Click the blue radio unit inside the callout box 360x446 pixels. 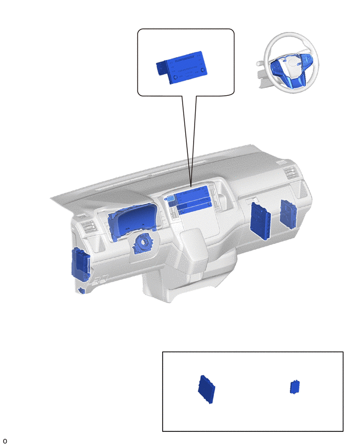pyautogui.click(x=182, y=68)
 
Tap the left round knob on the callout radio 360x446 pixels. pyautogui.click(x=176, y=77)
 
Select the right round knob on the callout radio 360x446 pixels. pyautogui.click(x=203, y=70)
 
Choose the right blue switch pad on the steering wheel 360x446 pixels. pyautogui.click(x=307, y=60)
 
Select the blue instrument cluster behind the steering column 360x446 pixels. pyautogui.click(x=132, y=221)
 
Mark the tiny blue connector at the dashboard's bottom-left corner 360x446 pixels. pyautogui.click(x=82, y=291)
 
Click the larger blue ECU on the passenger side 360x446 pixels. pyautogui.click(x=260, y=221)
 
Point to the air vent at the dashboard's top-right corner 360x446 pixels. pyautogui.click(x=290, y=173)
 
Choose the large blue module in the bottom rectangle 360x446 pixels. pyautogui.click(x=207, y=389)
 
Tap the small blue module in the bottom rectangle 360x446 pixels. pyautogui.click(x=295, y=387)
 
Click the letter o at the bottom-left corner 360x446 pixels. pyautogui.click(x=5, y=441)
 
